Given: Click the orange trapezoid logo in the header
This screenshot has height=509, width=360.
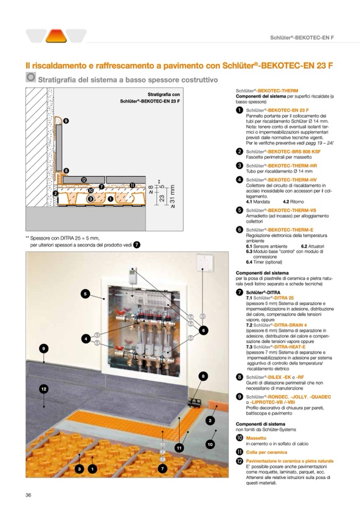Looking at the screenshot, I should (x=55, y=36).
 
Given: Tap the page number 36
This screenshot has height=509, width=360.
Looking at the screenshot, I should (x=29, y=495).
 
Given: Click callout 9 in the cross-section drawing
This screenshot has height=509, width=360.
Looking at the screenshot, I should (x=66, y=121).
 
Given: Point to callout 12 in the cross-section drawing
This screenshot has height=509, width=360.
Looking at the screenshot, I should (x=84, y=180).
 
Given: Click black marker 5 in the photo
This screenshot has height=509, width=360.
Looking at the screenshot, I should (x=84, y=293).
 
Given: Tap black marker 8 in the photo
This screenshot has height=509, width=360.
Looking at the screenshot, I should (x=202, y=376).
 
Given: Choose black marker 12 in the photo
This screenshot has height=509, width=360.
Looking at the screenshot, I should (x=44, y=389).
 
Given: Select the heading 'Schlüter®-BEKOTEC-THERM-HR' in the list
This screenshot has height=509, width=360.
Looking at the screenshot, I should (x=273, y=166).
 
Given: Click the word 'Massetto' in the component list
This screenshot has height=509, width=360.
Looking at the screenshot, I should (x=256, y=438).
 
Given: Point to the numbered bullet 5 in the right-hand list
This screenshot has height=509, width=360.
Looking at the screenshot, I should (x=240, y=211).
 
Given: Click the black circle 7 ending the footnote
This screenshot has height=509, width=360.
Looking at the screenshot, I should (x=137, y=245).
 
